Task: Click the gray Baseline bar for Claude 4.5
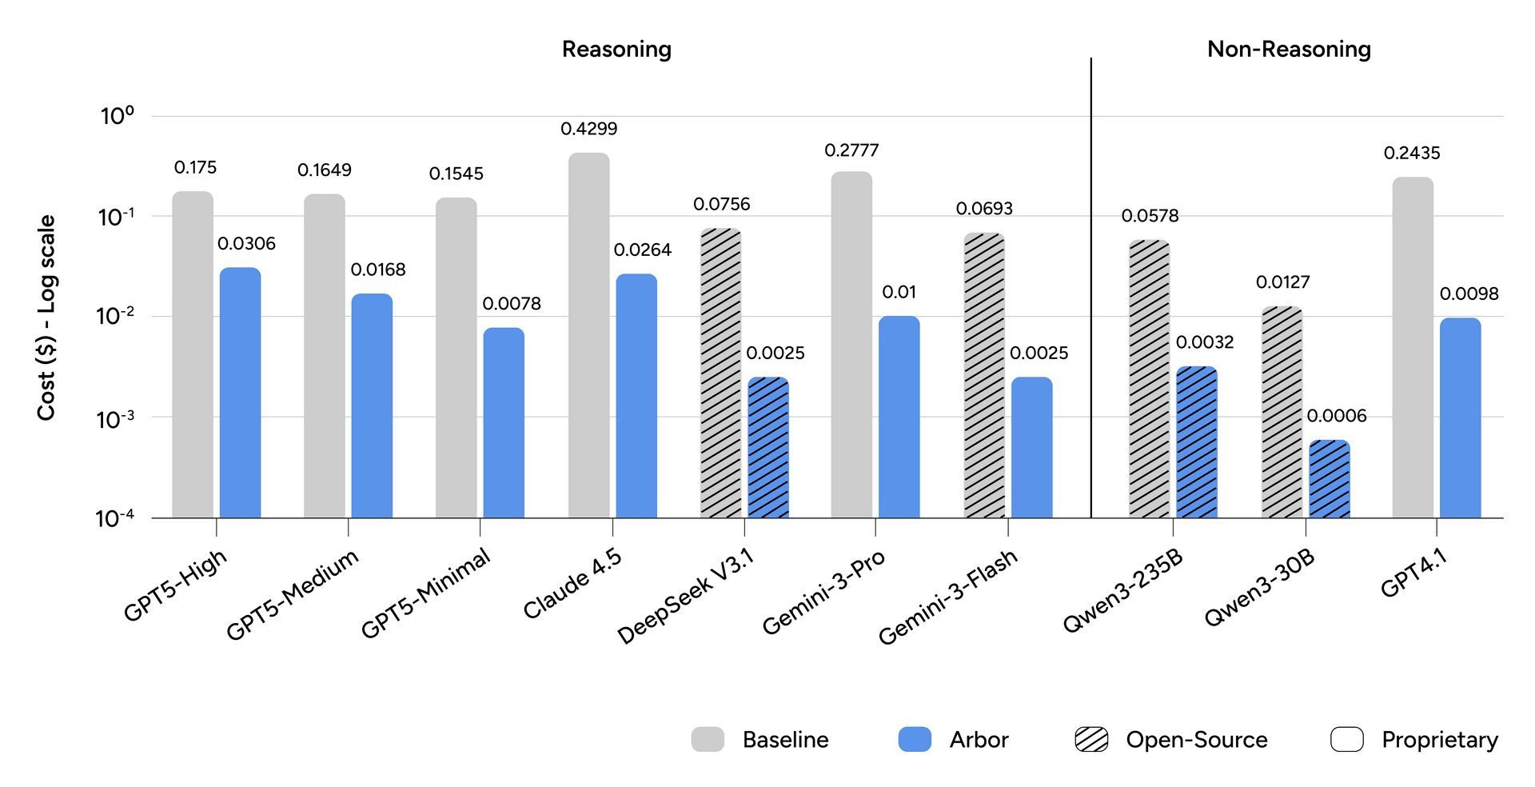tap(588, 336)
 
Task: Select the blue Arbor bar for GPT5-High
tap(240, 392)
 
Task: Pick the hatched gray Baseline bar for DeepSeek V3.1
tap(720, 373)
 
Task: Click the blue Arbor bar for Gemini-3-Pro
tap(899, 416)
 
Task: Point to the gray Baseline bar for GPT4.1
tap(1413, 347)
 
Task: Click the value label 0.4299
tap(588, 129)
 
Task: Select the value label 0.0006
tap(1337, 416)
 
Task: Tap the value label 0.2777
tap(851, 150)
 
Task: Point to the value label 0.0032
tap(1205, 342)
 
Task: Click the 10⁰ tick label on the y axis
tap(117, 116)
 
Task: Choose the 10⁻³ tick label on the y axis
tap(115, 418)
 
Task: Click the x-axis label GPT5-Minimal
tap(425, 593)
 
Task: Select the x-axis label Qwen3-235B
tap(1122, 591)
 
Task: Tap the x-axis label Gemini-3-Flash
tap(947, 597)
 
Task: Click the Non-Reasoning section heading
tap(1289, 50)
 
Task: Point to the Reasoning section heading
tap(616, 50)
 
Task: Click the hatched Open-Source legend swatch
tap(1091, 740)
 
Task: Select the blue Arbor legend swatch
tap(915, 740)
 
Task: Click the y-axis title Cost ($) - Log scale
tap(46, 318)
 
